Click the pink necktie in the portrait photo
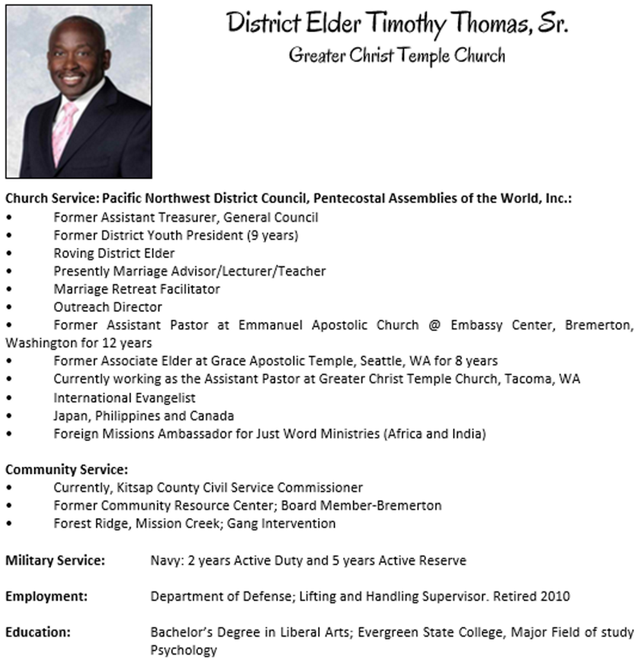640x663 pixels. (63, 132)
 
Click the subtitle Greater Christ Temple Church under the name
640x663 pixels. (396, 55)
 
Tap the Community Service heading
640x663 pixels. (67, 469)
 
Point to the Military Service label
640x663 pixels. (55, 561)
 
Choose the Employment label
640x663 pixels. (46, 597)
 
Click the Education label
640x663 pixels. (38, 633)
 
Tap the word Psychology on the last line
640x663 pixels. (184, 650)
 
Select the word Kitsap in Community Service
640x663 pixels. (137, 487)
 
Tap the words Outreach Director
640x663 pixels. (108, 307)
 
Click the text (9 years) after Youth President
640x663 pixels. (272, 235)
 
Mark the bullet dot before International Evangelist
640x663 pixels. (8, 397)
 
